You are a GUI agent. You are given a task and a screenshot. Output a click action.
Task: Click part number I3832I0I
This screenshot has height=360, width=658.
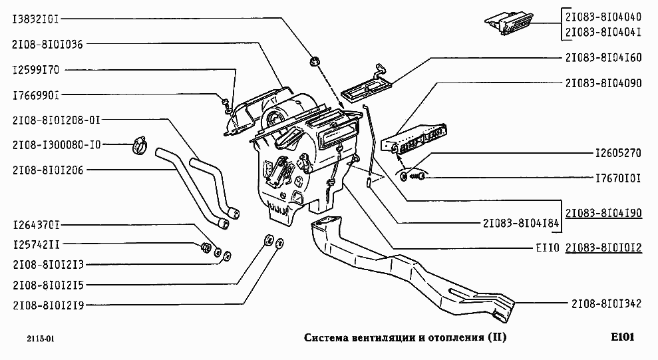pyautogui.click(x=36, y=19)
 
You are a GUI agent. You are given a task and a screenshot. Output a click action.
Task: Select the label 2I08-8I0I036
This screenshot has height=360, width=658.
pyautogui.click(x=47, y=44)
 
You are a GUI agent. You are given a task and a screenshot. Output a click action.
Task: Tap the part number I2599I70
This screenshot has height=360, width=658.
pyautogui.click(x=36, y=70)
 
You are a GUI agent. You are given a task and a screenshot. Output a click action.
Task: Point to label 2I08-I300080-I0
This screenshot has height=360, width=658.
pyautogui.click(x=57, y=145)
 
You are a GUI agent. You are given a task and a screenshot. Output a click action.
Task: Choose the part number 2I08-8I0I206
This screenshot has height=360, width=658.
pyautogui.click(x=48, y=170)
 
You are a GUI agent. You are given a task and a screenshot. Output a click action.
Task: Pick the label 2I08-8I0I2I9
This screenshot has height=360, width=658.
pyautogui.click(x=49, y=305)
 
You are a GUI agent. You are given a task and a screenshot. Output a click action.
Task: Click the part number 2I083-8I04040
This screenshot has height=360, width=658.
pyautogui.click(x=603, y=17)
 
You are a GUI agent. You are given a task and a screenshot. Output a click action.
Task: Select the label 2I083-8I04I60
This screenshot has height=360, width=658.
pyautogui.click(x=603, y=57)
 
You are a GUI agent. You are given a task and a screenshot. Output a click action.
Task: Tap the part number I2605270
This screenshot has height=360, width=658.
pyautogui.click(x=618, y=153)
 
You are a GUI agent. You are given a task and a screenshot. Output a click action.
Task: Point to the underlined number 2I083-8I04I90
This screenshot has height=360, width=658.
pyautogui.click(x=603, y=213)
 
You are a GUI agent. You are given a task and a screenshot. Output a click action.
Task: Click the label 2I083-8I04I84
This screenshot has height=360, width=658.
pyautogui.click(x=521, y=223)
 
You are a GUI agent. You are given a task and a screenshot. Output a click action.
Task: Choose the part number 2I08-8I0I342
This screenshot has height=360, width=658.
pyautogui.click(x=606, y=303)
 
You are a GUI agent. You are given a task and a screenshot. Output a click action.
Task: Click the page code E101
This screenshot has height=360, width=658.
pyautogui.click(x=622, y=337)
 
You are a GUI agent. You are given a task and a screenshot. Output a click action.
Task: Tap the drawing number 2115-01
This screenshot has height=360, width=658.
pyautogui.click(x=41, y=339)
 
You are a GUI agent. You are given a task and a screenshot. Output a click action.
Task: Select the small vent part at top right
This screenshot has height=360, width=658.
pyautogui.click(x=509, y=23)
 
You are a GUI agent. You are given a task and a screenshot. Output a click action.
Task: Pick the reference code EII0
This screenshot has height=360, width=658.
pyautogui.click(x=548, y=248)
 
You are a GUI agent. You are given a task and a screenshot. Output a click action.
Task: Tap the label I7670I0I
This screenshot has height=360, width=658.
pyautogui.click(x=618, y=178)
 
